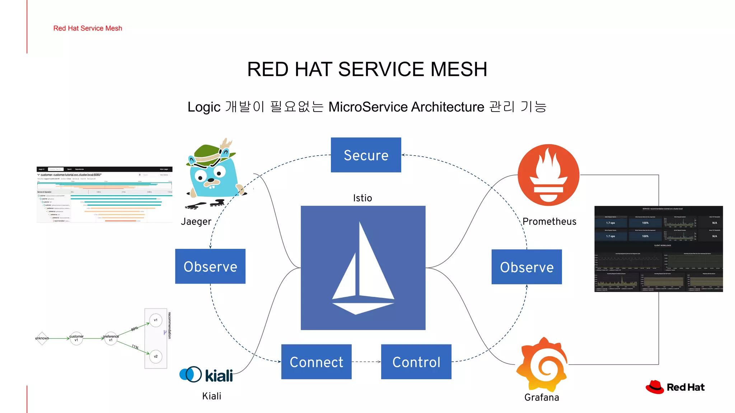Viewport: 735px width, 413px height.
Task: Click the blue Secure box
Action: (366, 155)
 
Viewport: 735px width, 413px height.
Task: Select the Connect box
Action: (316, 362)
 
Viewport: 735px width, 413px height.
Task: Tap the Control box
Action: (416, 362)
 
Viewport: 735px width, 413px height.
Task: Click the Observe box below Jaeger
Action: (210, 266)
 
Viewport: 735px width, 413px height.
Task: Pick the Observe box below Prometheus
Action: (526, 267)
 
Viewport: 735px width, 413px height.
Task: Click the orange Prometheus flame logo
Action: (548, 175)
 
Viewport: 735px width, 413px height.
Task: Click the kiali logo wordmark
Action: (219, 375)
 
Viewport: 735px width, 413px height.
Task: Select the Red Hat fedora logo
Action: (655, 387)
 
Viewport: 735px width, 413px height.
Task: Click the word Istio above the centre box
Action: (362, 198)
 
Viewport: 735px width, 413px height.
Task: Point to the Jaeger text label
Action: (196, 222)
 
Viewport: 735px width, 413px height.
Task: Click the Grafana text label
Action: (542, 397)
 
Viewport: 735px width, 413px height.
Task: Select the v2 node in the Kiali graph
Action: (156, 356)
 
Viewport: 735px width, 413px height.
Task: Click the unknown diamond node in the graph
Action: (42, 338)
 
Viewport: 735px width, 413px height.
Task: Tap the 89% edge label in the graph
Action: (135, 329)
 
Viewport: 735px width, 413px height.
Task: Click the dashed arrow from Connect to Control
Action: (366, 362)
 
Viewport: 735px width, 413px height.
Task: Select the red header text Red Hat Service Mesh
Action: (88, 28)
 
